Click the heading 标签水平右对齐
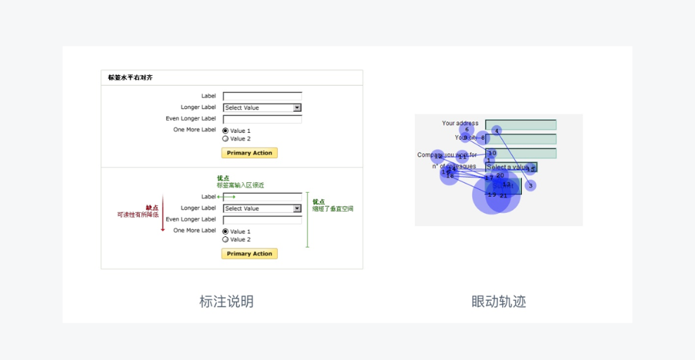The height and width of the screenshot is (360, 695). [x=131, y=78]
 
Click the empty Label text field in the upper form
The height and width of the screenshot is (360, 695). [x=262, y=96]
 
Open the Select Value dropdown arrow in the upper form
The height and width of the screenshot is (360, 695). [x=297, y=108]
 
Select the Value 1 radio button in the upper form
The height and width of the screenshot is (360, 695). [x=226, y=131]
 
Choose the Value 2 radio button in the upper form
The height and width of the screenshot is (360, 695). [x=226, y=139]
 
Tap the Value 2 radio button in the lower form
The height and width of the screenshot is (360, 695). [x=226, y=240]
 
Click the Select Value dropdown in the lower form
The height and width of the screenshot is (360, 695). [x=262, y=209]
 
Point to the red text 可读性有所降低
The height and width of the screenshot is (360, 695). [x=138, y=214]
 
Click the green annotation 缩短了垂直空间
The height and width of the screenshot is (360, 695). [x=333, y=209]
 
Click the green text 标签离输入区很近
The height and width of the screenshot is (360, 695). [x=241, y=186]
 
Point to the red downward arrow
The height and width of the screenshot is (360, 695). [x=162, y=214]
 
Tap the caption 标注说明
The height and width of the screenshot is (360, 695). [x=227, y=302]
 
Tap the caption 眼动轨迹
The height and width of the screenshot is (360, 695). [x=499, y=302]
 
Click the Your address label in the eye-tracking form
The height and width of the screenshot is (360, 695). [x=460, y=124]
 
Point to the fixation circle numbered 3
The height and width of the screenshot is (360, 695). [x=530, y=186]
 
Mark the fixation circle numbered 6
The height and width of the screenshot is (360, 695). [x=466, y=129]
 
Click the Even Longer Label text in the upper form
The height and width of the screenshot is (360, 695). [x=191, y=119]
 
